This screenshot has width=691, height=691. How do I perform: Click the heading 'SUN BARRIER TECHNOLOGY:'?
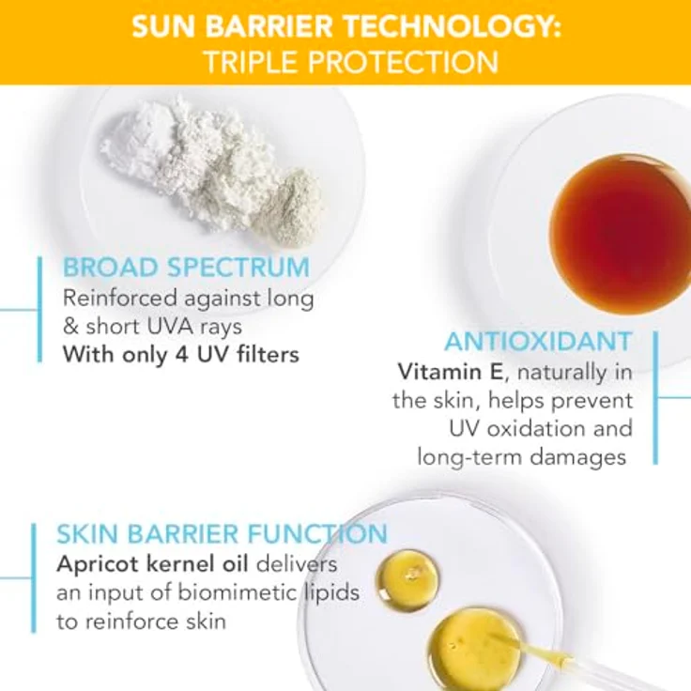pyautogui.click(x=345, y=25)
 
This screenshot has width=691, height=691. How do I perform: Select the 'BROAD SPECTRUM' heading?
pyautogui.click(x=186, y=267)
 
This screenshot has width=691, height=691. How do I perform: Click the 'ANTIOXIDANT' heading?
pyautogui.click(x=538, y=341)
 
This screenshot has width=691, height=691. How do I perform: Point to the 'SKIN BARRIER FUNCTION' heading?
pyautogui.click(x=222, y=533)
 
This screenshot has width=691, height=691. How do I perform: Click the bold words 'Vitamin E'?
pyautogui.click(x=450, y=372)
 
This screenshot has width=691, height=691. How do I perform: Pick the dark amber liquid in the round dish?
pyautogui.click(x=621, y=233)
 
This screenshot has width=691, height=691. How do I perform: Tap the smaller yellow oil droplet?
pyautogui.click(x=407, y=579)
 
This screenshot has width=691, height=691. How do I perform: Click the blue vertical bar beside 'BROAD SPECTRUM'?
pyautogui.click(x=39, y=309)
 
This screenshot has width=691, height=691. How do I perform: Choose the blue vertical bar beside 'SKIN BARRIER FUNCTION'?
pyautogui.click(x=34, y=577)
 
